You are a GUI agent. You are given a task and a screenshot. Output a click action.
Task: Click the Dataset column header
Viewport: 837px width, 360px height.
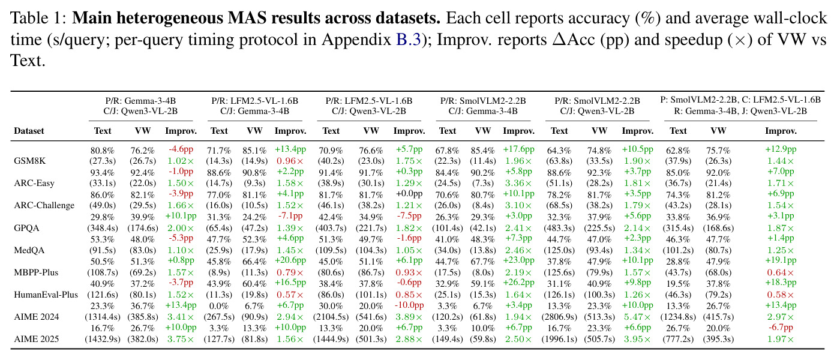click(29, 131)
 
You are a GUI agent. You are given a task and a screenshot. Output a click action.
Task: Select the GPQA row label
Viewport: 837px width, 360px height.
click(26, 227)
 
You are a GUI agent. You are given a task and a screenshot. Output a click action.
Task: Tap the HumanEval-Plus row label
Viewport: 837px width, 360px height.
click(46, 295)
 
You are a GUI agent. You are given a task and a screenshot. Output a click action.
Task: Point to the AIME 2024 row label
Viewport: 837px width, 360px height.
click(36, 317)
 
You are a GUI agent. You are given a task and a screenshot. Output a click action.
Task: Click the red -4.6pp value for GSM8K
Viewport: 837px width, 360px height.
click(181, 149)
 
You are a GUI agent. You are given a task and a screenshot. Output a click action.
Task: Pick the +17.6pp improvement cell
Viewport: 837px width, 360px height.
click(518, 149)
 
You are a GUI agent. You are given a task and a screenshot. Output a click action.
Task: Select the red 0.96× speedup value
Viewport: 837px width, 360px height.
click(290, 161)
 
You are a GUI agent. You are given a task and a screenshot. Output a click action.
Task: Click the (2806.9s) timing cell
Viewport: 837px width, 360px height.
click(559, 317)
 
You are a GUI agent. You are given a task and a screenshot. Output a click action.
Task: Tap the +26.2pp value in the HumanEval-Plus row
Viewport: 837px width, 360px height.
click(518, 282)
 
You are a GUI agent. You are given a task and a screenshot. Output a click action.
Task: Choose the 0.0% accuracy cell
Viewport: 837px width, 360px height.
click(219, 306)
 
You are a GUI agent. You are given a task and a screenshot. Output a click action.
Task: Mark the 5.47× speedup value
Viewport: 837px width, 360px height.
click(637, 317)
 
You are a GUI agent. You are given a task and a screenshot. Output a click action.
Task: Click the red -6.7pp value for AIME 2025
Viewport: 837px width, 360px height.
click(781, 328)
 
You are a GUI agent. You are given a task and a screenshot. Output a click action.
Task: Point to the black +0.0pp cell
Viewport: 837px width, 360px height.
click(409, 194)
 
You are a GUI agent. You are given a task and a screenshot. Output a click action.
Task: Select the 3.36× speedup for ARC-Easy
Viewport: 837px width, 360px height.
click(518, 183)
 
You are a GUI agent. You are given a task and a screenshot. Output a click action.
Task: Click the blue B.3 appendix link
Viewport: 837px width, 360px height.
click(409, 39)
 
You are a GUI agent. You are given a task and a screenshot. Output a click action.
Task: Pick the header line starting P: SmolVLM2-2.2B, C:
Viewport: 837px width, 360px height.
click(740, 100)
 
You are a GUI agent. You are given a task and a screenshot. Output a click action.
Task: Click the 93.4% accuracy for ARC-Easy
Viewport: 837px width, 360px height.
click(103, 173)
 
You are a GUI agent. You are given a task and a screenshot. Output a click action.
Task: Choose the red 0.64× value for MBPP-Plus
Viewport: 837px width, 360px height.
click(781, 272)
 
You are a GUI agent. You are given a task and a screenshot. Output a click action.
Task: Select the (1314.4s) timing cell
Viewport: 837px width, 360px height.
click(103, 317)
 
